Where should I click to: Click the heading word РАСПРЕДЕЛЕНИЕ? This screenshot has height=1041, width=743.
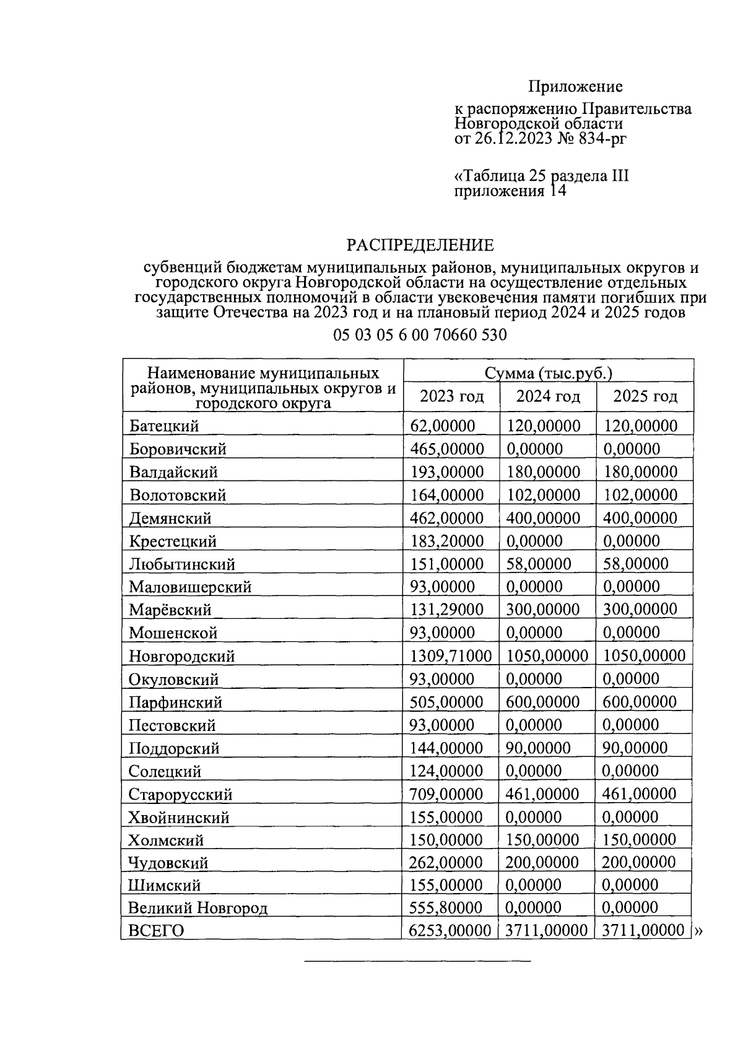point(420,245)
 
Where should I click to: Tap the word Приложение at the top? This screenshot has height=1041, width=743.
point(575,86)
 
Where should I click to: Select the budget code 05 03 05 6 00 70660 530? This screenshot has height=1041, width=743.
point(420,335)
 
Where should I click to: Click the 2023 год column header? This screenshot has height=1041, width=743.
point(451,396)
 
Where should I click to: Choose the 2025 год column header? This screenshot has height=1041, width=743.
point(645,396)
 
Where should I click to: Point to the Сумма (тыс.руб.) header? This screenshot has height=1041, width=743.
point(549,373)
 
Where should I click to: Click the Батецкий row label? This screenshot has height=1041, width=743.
point(164,426)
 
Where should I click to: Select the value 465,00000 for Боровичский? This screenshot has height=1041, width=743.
point(447,449)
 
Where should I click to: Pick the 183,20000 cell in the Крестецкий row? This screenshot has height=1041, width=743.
point(447,541)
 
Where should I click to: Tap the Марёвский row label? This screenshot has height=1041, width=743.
point(170,610)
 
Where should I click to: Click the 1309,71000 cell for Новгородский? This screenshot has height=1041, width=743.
point(451,656)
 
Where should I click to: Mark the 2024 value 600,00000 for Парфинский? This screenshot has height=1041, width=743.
point(543,702)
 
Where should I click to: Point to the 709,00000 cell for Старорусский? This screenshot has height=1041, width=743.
point(446,794)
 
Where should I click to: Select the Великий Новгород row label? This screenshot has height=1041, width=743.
point(198,909)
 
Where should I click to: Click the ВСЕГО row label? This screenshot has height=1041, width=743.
point(156,931)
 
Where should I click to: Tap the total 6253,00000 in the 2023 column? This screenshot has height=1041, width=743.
point(450,931)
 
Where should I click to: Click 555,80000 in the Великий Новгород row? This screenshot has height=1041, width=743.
point(446,908)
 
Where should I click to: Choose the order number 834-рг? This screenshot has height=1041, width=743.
point(601,138)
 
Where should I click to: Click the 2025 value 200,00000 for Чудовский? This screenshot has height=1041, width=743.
point(639,863)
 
